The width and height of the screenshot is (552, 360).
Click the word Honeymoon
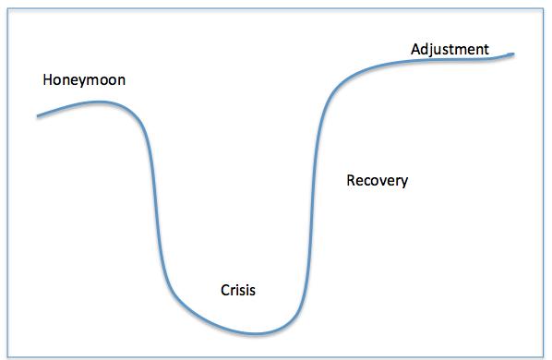84,80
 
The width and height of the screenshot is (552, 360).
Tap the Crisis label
237,290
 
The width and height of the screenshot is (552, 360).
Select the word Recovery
377,180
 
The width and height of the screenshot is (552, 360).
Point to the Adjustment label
450,48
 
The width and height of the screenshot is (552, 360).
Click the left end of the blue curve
38,115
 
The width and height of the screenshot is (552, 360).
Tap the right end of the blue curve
512,54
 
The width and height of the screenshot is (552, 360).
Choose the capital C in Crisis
225,290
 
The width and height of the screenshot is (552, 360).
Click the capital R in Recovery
351,180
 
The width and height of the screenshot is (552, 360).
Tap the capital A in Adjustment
415,48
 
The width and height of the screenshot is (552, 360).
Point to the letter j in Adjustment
433,50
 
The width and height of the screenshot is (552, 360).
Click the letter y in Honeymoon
78,82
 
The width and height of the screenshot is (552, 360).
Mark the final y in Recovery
403,182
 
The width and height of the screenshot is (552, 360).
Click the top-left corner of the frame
6,6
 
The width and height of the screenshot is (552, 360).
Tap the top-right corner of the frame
545,6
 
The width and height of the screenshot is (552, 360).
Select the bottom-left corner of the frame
6,354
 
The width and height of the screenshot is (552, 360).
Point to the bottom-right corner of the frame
545,354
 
